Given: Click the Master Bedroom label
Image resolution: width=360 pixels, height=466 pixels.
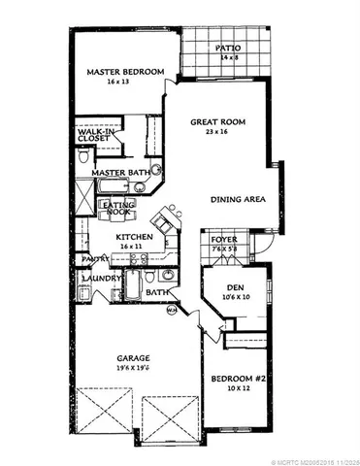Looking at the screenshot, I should click(123, 71).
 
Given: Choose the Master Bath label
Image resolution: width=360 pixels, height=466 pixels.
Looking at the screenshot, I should click(118, 172).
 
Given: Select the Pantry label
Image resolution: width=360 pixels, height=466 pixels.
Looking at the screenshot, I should click(93, 259).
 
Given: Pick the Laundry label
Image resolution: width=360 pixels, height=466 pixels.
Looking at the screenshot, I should click(100, 276).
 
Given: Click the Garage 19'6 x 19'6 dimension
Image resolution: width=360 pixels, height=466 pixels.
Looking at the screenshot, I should click(131, 369).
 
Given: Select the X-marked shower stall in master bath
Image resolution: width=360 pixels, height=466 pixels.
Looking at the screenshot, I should click(85, 199).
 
